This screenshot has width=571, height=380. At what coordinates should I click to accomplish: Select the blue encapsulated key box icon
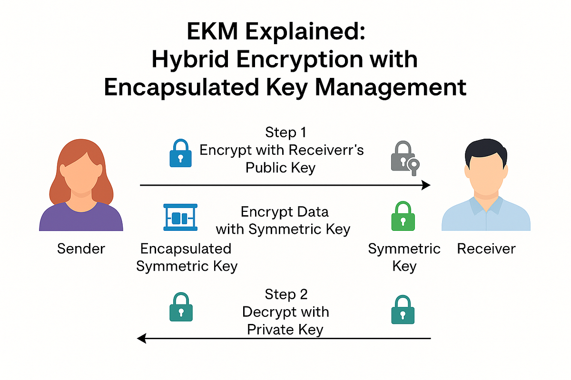180,218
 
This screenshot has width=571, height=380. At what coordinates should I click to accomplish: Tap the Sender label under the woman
81,248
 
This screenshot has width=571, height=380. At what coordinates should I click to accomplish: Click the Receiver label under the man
486,248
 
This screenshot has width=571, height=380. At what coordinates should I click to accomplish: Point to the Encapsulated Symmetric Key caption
187,257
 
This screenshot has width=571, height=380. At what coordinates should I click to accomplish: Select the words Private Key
285,329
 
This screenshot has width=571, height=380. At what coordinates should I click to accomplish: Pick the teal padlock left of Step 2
181,307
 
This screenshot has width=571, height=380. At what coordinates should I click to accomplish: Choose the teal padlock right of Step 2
403,310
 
